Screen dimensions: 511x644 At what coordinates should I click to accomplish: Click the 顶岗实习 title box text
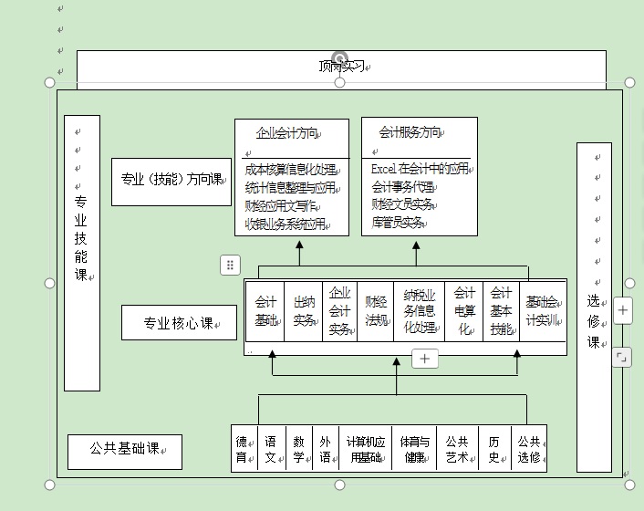click(341, 67)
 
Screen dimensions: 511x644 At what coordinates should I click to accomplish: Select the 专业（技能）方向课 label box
click(172, 180)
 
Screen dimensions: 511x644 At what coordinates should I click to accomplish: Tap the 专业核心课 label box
click(179, 323)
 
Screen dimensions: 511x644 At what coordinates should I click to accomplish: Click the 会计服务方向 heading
click(410, 132)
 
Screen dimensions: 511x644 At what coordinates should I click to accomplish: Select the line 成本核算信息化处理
click(291, 170)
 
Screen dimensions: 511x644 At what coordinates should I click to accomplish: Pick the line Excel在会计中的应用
click(420, 170)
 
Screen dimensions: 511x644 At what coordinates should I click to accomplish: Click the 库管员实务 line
click(398, 222)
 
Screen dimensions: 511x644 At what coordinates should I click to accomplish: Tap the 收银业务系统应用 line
click(286, 223)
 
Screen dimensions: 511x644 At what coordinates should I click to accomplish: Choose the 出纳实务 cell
click(305, 311)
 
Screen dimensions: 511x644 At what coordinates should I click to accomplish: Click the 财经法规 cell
click(376, 311)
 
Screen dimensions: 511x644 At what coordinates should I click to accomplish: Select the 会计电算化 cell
click(464, 311)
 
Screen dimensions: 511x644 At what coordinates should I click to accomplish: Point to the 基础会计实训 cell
click(542, 311)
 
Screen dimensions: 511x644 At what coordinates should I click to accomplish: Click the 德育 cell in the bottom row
click(242, 449)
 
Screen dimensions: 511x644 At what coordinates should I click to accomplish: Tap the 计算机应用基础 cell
click(364, 449)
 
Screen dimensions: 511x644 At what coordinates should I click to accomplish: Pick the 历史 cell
click(493, 449)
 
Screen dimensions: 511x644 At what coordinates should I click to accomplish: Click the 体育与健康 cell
click(414, 449)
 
